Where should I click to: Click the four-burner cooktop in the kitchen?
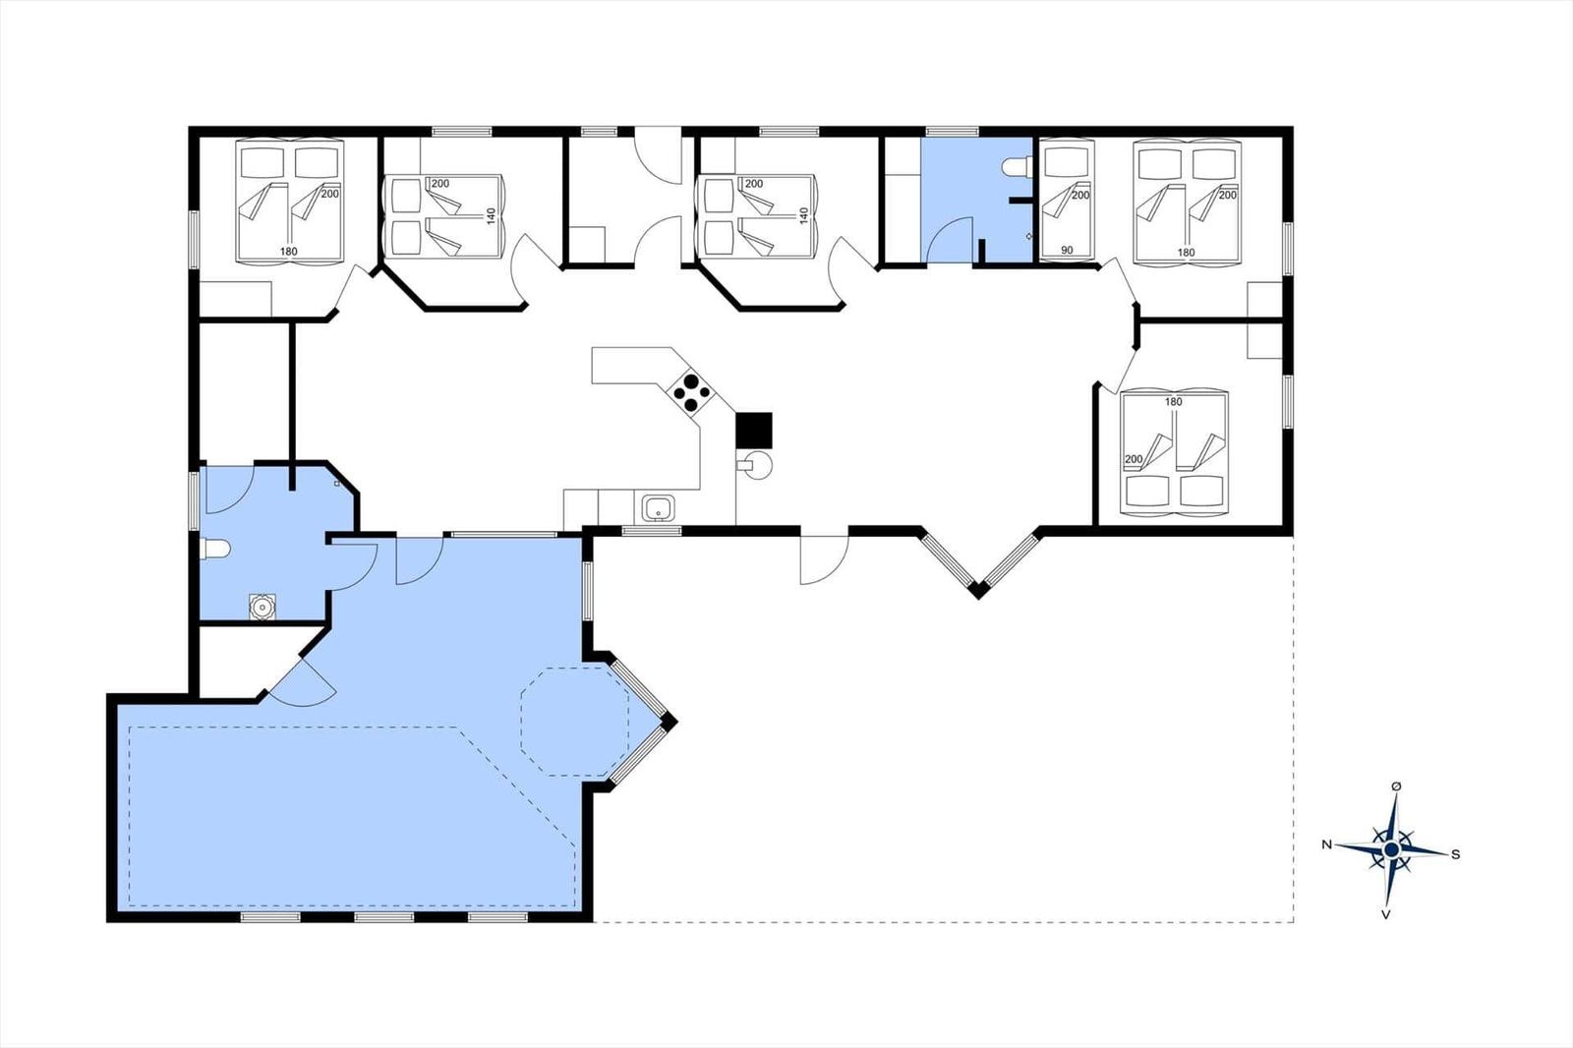(691, 393)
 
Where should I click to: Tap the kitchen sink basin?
(658, 508)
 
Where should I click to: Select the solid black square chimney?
(754, 430)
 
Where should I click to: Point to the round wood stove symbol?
(757, 465)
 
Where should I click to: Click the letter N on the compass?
(1326, 844)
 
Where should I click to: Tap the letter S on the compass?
(1456, 854)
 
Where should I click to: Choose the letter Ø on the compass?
(1396, 786)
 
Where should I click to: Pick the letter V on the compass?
(1386, 914)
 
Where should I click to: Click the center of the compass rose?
(1392, 850)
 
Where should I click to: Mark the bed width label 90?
(1067, 250)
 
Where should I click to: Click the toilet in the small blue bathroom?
(1016, 167)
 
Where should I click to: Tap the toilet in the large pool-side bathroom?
(215, 549)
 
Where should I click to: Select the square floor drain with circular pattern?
(262, 607)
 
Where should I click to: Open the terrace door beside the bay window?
(825, 559)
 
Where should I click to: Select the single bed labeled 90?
(1067, 199)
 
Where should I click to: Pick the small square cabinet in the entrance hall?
(587, 245)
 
